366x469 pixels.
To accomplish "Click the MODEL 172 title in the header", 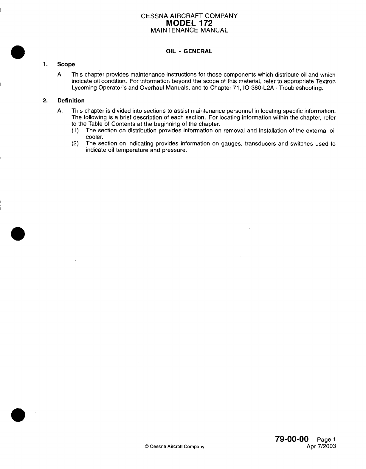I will pyautogui.click(x=189, y=23).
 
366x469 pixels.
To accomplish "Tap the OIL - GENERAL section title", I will pyautogui.click(x=189, y=51).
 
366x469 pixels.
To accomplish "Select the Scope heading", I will pyautogui.click(x=66, y=64).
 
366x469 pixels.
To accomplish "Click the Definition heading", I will pyautogui.click(x=71, y=100).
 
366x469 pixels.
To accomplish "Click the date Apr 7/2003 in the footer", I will pyautogui.click(x=321, y=446).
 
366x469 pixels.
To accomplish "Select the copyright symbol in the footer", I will pyautogui.click(x=146, y=446).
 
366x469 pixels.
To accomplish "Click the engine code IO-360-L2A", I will pyautogui.click(x=256, y=88).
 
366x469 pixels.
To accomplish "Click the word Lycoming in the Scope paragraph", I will pyautogui.click(x=84, y=88).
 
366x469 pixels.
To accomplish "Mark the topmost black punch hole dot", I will pyautogui.click(x=18, y=53).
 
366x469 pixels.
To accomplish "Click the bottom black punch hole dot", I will pyautogui.click(x=18, y=414).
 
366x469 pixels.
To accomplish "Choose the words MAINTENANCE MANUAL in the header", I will pyautogui.click(x=189, y=30).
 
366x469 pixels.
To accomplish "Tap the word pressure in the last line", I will pyautogui.click(x=174, y=150).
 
